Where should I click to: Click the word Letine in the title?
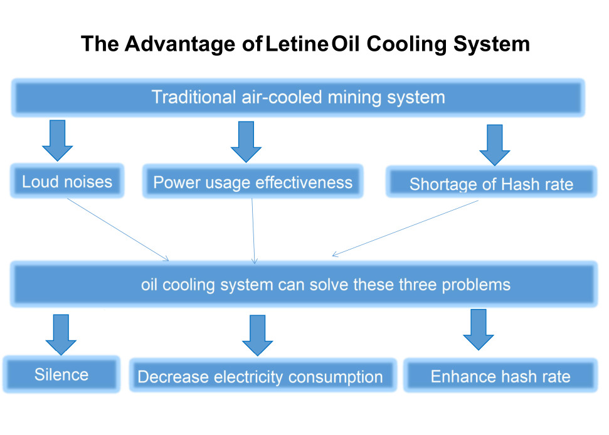[297, 45]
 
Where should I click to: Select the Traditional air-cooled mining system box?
[298, 98]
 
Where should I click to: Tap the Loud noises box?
[67, 182]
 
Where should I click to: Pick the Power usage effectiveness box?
[253, 182]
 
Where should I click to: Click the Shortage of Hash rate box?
[491, 184]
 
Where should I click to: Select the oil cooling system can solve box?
[304, 285]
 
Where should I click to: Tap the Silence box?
[61, 375]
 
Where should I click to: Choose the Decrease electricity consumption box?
[260, 377]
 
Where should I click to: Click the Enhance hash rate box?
[500, 376]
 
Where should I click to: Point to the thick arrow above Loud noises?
[58, 141]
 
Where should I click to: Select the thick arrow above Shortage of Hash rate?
[495, 145]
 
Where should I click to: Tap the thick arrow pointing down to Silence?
[61, 334]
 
